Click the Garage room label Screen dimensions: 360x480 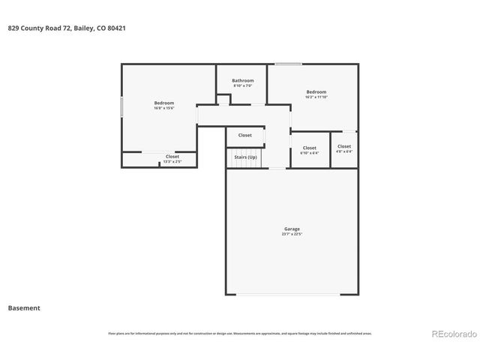tap(292, 229)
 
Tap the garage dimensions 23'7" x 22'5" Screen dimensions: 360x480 tap(292, 234)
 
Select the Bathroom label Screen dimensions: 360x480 tap(242, 80)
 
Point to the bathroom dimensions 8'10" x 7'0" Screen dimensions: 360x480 tap(242, 85)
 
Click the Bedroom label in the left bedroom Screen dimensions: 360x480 tap(164, 103)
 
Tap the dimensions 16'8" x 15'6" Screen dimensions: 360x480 tap(164, 108)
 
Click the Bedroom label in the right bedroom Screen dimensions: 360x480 tap(316, 91)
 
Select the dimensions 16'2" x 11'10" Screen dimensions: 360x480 tap(316, 97)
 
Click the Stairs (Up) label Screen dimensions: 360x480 tap(245, 157)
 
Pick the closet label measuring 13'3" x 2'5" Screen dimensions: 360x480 tap(172, 156)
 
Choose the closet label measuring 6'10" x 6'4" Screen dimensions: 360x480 tap(309, 148)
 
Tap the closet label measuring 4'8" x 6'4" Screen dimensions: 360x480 tap(344, 146)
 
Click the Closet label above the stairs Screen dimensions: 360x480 tap(244, 135)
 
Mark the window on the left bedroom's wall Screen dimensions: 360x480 tap(122, 106)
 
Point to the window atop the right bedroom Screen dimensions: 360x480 tap(288, 64)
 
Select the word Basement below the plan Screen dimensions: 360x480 tap(23, 307)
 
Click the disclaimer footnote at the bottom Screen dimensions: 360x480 tap(240, 333)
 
